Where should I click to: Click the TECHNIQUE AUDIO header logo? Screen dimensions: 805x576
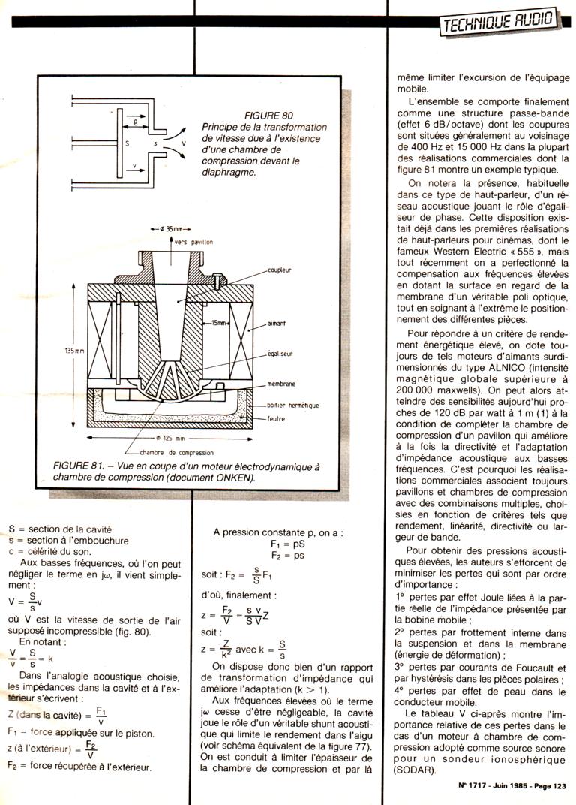(499, 23)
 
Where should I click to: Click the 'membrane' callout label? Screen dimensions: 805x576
(282, 383)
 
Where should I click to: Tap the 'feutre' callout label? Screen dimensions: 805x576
(276, 419)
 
